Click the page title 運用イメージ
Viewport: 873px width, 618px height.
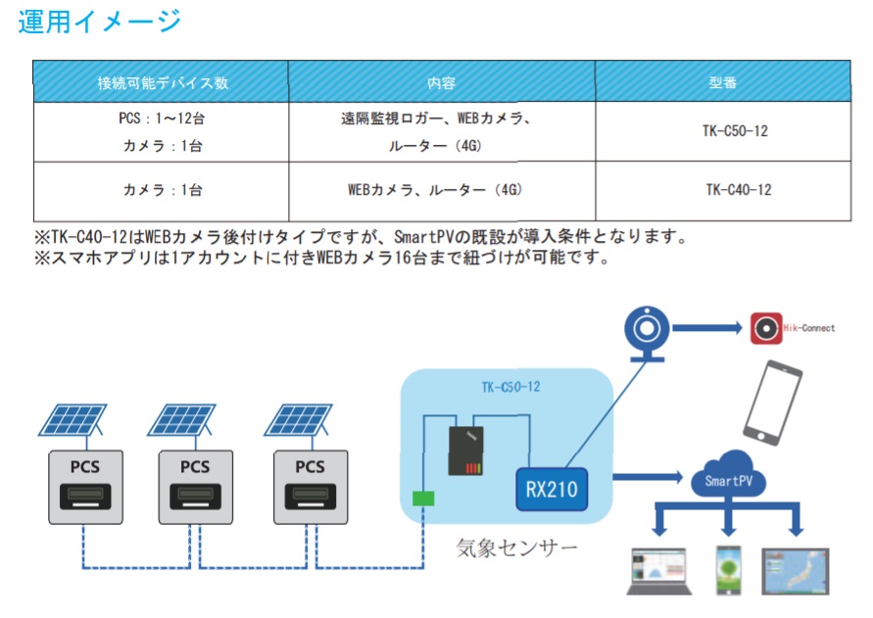point(100,22)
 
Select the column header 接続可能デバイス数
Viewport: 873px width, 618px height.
point(163,83)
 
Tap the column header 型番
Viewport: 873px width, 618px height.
point(723,82)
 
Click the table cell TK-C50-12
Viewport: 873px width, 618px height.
point(735,131)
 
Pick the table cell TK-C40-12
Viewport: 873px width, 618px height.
point(738,190)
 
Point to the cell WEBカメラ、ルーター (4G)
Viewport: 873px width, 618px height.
point(435,190)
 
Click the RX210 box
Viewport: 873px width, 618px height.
point(552,490)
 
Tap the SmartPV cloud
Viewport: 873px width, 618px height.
point(728,475)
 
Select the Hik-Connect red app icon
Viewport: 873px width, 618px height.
point(766,328)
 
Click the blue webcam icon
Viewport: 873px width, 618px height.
point(647,333)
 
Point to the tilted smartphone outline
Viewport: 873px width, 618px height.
point(773,403)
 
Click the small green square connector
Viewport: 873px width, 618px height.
point(423,498)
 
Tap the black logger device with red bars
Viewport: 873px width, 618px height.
point(466,451)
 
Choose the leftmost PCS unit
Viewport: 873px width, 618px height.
point(86,487)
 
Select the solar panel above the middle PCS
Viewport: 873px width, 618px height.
point(181,421)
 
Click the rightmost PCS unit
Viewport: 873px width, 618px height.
point(311,487)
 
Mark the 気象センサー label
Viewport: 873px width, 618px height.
point(516,547)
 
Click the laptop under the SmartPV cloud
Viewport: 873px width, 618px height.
point(659,571)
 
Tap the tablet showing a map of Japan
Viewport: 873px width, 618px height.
point(796,571)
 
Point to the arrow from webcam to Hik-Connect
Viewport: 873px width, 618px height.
point(707,328)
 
